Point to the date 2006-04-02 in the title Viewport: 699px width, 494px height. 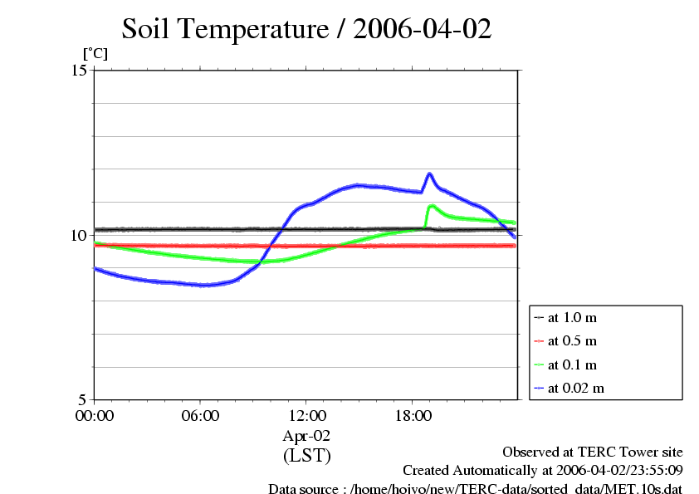tap(423, 29)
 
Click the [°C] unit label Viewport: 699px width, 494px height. tap(95, 53)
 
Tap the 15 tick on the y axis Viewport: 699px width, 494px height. tap(80, 70)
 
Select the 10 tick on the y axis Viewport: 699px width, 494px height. tap(80, 234)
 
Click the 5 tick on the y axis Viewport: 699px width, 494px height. tap(83, 399)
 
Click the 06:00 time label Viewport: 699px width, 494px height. tap(200, 415)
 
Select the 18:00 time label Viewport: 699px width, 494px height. tap(412, 415)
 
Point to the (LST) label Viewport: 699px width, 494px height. tap(306, 455)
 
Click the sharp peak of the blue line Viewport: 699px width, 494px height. tap(430, 174)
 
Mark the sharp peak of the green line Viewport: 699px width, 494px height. tap(432, 205)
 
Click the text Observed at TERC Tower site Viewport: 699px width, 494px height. tap(592, 452)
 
